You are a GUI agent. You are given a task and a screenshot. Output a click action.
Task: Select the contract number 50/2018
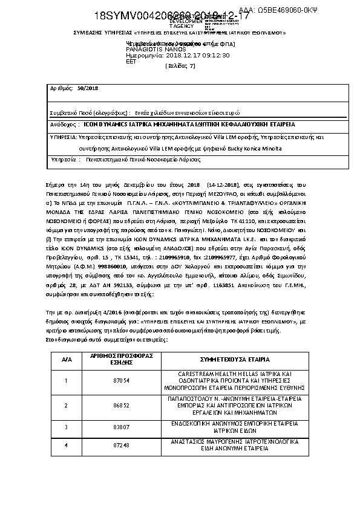click(89, 88)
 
